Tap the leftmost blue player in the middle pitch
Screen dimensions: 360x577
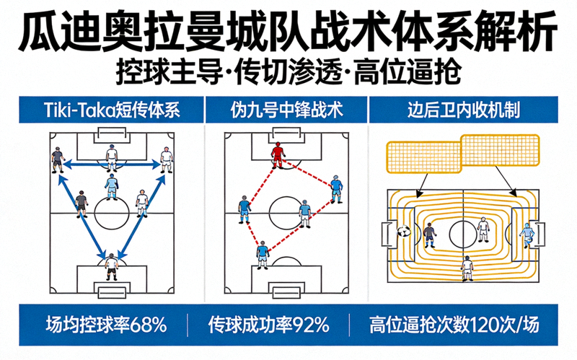point(245,208)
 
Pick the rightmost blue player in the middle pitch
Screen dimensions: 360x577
point(336,188)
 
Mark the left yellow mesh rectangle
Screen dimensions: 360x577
point(423,157)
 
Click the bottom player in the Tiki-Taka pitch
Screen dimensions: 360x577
point(111,265)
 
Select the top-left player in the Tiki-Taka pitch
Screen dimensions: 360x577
point(56,159)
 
